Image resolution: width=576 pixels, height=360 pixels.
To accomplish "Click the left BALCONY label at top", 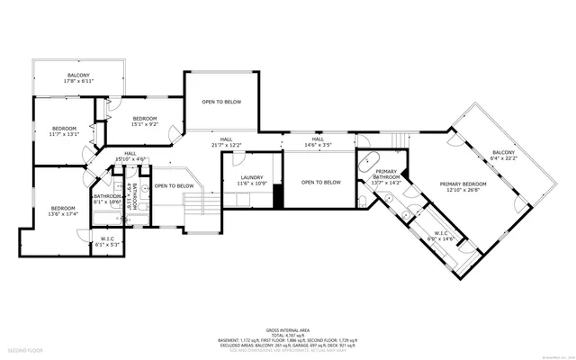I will tap(79, 75).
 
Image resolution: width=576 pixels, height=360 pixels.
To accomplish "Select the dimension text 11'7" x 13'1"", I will tap(65, 134).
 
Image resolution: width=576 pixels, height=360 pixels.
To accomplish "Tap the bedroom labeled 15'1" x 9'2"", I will tap(146, 124).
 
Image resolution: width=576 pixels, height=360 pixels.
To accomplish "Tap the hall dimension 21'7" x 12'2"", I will tap(226, 145).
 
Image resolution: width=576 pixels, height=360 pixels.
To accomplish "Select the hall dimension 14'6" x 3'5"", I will tap(318, 145).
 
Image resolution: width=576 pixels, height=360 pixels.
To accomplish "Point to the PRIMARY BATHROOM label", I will tap(386, 175).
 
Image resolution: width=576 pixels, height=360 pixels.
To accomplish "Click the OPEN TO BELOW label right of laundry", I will tap(321, 183).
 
